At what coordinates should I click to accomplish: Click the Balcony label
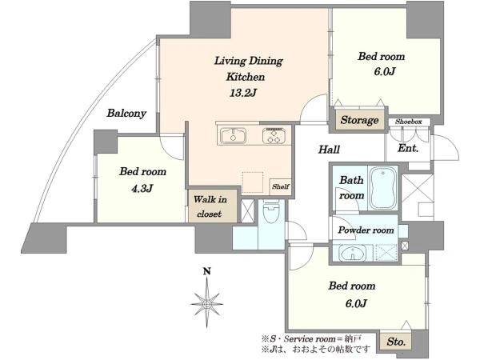click(x=126, y=114)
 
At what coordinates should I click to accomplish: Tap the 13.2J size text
click(x=243, y=93)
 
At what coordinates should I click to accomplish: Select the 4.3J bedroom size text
click(x=142, y=189)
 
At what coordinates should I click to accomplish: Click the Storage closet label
click(x=359, y=120)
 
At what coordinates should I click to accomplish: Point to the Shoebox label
click(x=409, y=122)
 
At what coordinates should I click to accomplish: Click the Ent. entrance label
click(x=408, y=149)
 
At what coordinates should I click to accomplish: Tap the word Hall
click(x=329, y=150)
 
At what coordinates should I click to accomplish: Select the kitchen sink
click(x=234, y=135)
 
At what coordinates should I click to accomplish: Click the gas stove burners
click(x=274, y=135)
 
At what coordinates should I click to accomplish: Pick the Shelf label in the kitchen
click(x=281, y=186)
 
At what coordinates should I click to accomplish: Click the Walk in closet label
click(x=210, y=206)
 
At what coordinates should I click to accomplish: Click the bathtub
click(x=383, y=188)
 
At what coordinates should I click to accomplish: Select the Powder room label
click(x=366, y=230)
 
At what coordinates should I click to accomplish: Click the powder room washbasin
click(x=353, y=254)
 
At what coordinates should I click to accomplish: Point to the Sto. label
click(x=396, y=342)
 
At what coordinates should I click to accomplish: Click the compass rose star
click(x=207, y=304)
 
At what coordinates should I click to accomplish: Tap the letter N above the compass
click(x=207, y=271)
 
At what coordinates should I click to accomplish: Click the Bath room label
click(x=351, y=188)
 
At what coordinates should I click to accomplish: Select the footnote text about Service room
click(x=311, y=339)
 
